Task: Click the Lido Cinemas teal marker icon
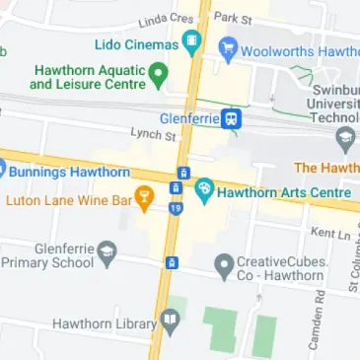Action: click(191, 44)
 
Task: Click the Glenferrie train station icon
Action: click(231, 119)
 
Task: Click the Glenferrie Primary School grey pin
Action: click(108, 254)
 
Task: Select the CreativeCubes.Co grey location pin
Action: click(224, 264)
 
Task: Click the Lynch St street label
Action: click(152, 132)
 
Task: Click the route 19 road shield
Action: click(175, 208)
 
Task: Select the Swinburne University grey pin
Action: click(344, 141)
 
